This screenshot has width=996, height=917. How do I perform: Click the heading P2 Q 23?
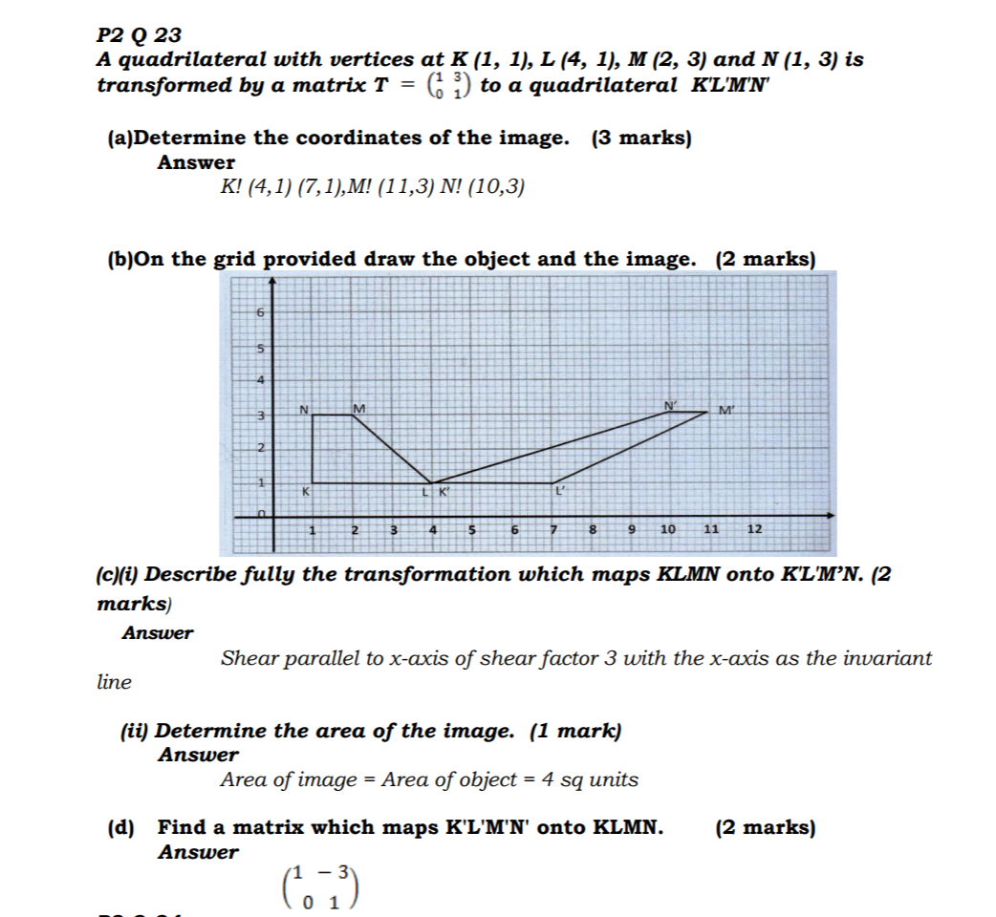pos(139,36)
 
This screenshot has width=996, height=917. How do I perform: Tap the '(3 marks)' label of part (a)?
pos(641,138)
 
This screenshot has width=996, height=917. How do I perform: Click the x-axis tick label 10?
pos(667,528)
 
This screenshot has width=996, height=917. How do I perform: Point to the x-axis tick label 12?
pos(753,528)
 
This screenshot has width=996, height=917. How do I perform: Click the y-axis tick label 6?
pos(259,312)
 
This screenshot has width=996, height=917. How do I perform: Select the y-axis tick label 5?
pos(259,348)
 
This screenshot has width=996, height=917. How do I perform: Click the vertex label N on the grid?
pos(304,409)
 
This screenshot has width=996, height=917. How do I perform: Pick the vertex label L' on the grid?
pos(562,491)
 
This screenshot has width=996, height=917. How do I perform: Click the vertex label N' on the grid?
pos(671,406)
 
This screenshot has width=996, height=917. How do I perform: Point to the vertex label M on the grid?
pos(358,409)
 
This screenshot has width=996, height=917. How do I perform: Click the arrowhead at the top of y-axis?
pos(272,280)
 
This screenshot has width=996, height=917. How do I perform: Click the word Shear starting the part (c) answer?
pos(247,658)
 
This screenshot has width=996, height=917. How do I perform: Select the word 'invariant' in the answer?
pos(887,658)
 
